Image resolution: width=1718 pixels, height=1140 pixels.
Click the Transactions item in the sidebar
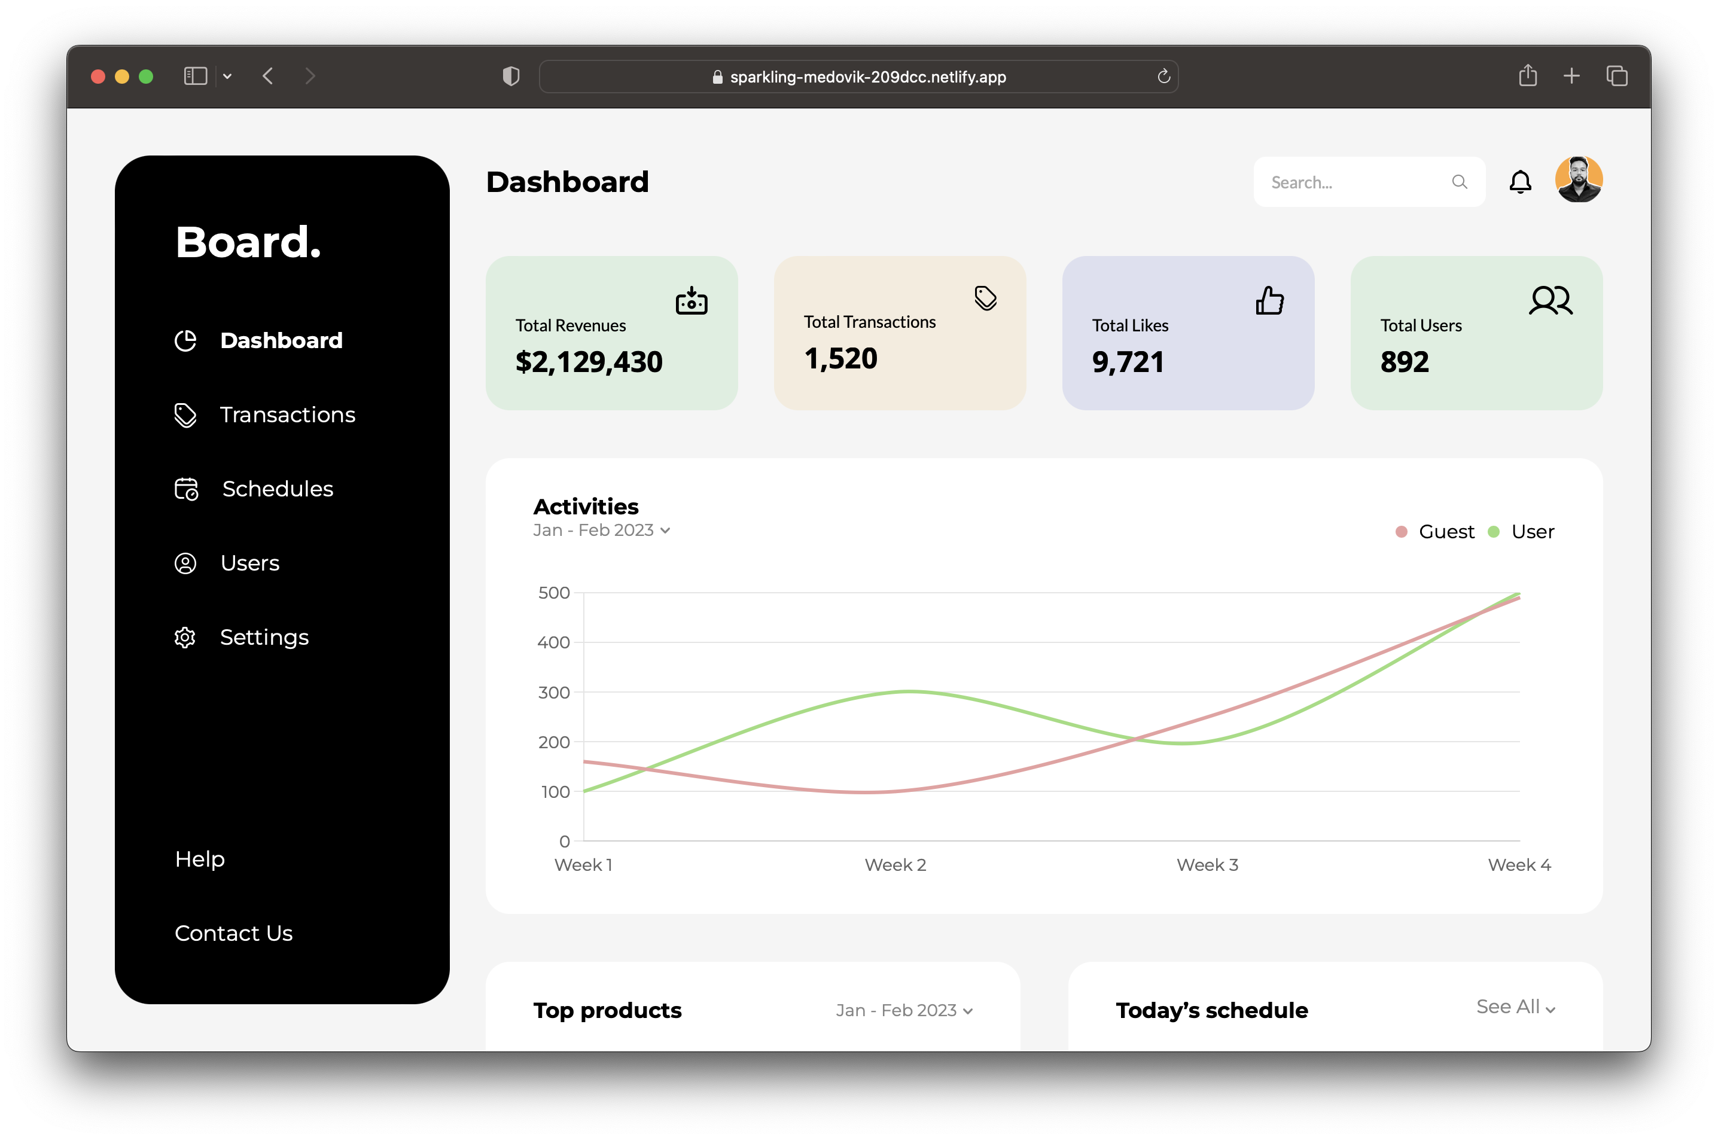pyautogui.click(x=287, y=414)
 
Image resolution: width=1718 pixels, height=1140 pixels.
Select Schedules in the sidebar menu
pyautogui.click(x=277, y=489)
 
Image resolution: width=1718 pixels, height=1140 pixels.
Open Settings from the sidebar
pyautogui.click(x=264, y=637)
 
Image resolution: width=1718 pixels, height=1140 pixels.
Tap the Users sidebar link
pyautogui.click(x=249, y=563)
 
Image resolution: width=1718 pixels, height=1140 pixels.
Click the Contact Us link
pyautogui.click(x=233, y=933)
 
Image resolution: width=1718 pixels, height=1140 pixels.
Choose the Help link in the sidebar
pyautogui.click(x=200, y=859)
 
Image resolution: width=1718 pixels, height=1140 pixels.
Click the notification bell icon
pyautogui.click(x=1520, y=182)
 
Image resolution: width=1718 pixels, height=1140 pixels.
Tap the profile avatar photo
pyautogui.click(x=1579, y=179)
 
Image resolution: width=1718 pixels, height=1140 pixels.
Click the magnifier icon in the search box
pyautogui.click(x=1459, y=182)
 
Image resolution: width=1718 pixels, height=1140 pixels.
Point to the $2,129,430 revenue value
pyautogui.click(x=589, y=362)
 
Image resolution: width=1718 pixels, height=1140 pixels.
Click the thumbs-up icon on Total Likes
pyautogui.click(x=1269, y=300)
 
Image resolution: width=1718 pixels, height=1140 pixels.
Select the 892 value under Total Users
pyautogui.click(x=1405, y=362)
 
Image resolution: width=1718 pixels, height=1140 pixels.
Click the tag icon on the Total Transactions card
pyautogui.click(x=985, y=297)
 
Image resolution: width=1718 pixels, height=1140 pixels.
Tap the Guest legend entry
pyautogui.click(x=1445, y=532)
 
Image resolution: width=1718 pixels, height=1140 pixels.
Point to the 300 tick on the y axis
pyautogui.click(x=553, y=692)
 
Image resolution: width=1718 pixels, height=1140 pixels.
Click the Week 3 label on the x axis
pyautogui.click(x=1207, y=864)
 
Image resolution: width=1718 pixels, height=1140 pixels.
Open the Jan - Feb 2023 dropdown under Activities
pyautogui.click(x=601, y=530)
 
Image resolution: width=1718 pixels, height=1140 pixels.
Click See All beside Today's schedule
pyautogui.click(x=1515, y=1007)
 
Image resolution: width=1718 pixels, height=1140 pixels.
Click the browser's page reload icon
pyautogui.click(x=1163, y=77)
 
